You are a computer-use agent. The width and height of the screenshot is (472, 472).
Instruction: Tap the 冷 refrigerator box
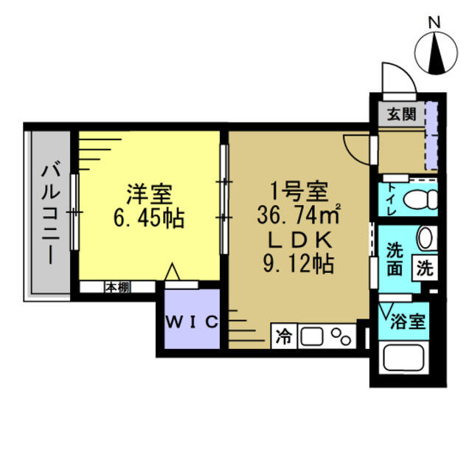pyautogui.click(x=283, y=338)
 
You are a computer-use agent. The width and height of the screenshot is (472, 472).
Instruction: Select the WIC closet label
pyautogui.click(x=190, y=322)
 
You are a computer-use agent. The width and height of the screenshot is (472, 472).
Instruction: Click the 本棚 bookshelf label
pyautogui.click(x=116, y=287)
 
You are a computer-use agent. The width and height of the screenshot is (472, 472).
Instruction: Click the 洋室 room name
pyautogui.click(x=149, y=194)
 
